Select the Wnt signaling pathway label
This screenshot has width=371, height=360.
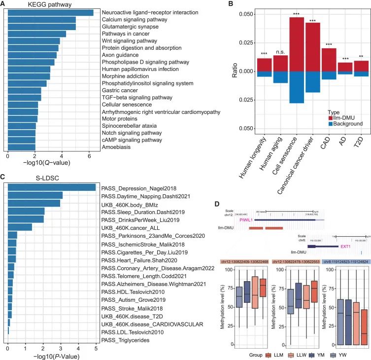pos(125,40)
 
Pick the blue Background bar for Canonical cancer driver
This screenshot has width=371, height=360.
pos(313,82)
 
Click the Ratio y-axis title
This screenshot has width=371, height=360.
pos(234,71)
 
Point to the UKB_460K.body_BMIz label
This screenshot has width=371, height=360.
pos(129,203)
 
